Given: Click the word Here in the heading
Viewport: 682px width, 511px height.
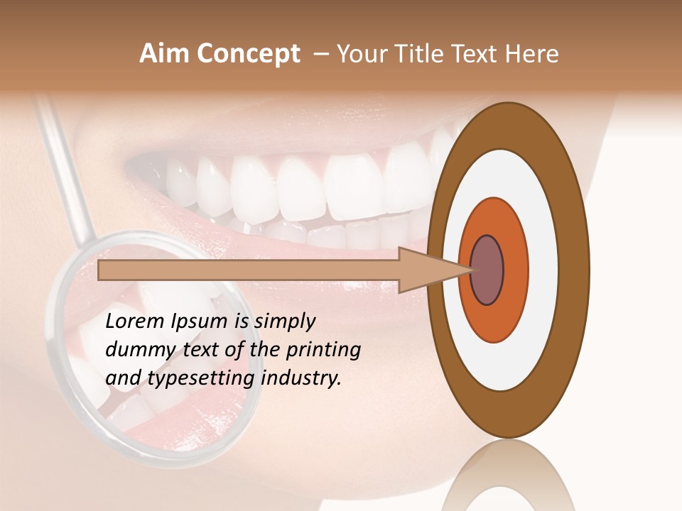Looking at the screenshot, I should tap(531, 54).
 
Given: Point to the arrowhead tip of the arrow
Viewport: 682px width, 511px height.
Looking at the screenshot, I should tap(472, 270).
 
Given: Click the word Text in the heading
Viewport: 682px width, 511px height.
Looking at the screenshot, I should tap(479, 54).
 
